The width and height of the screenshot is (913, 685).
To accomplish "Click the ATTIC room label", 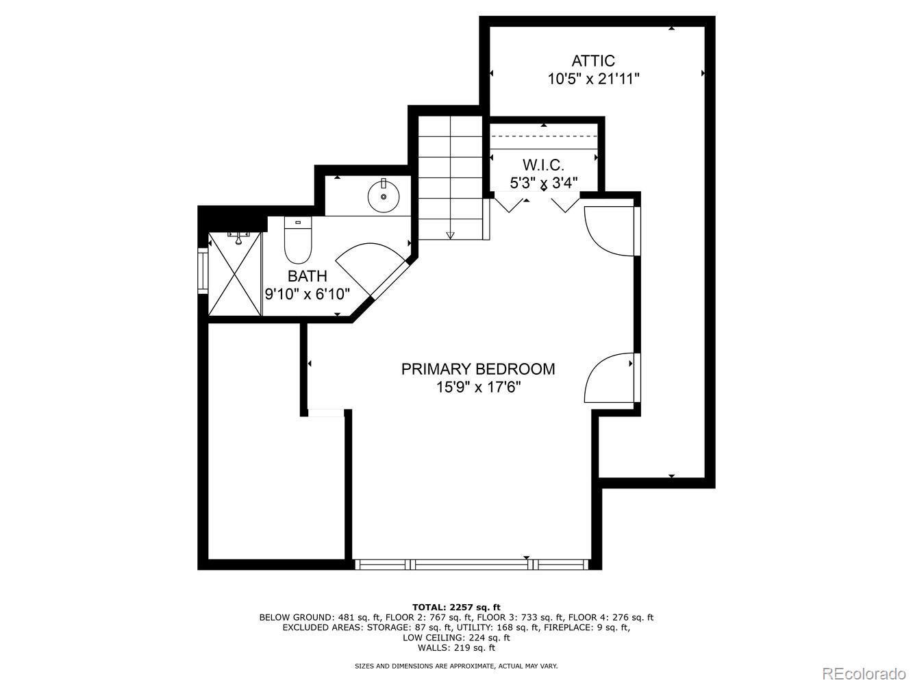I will [x=593, y=61].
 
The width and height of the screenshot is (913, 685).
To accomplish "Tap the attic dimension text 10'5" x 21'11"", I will [x=593, y=79].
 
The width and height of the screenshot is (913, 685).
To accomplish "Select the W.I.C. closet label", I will [x=543, y=165].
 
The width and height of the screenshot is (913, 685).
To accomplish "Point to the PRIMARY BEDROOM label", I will [x=478, y=369].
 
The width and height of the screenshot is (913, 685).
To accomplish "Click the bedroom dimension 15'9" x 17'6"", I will [x=478, y=387].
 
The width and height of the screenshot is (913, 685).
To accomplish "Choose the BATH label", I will [x=307, y=276].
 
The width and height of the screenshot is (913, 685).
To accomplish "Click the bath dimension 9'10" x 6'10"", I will [x=308, y=294].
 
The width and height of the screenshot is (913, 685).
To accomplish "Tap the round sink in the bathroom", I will [x=384, y=197].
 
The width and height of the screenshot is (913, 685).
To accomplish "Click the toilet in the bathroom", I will [x=298, y=241].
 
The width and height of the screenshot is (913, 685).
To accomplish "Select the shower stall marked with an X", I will [x=235, y=273].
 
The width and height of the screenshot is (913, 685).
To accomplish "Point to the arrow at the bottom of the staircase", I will [x=450, y=235].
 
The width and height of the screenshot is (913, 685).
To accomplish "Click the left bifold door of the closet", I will [x=508, y=204].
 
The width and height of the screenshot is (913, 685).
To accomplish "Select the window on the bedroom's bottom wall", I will [x=471, y=564].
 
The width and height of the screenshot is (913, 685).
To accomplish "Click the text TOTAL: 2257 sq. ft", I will [x=456, y=607].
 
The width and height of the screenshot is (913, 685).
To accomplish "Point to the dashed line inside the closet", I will [x=544, y=136].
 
